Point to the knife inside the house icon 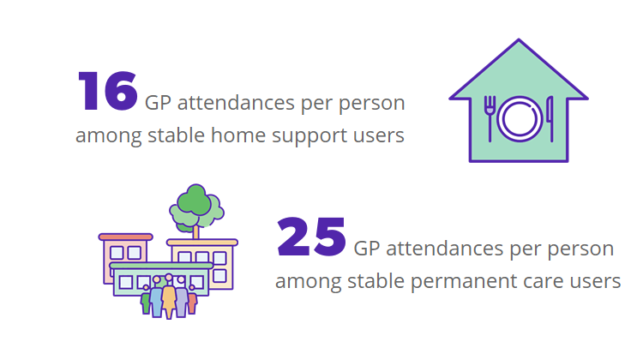549,118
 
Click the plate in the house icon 519,118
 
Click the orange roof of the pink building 125,237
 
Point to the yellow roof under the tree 202,243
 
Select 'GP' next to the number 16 159,104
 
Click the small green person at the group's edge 146,303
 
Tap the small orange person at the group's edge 192,303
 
